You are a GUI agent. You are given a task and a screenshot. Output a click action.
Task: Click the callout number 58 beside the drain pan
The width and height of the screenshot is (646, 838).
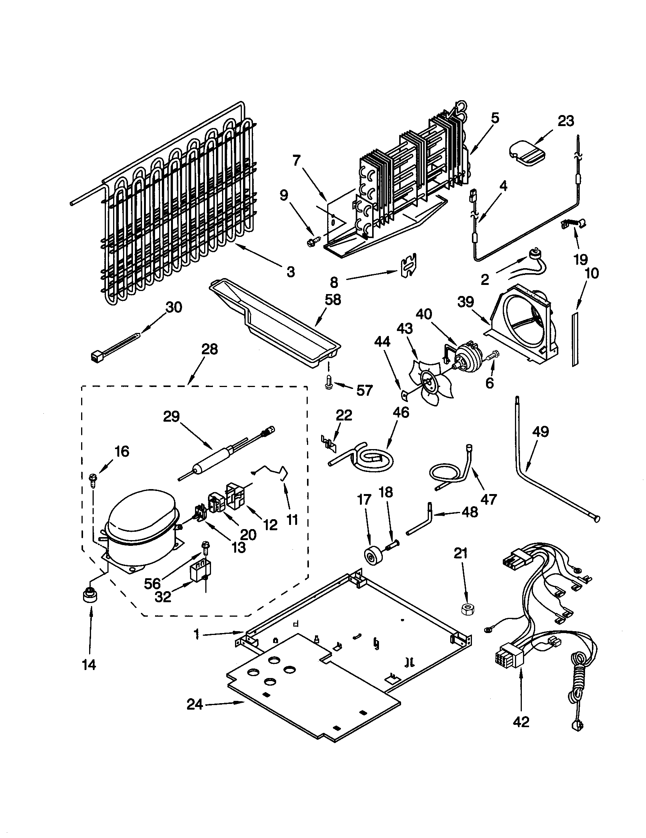click(333, 300)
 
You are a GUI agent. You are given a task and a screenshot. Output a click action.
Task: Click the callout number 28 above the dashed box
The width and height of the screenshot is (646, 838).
click(209, 349)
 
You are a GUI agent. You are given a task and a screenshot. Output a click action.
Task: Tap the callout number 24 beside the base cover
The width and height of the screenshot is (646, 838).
click(195, 704)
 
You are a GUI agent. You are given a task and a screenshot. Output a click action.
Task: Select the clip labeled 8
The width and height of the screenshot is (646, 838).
click(409, 265)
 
